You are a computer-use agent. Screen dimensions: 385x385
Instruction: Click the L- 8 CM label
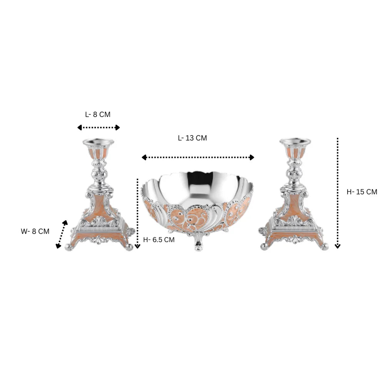pos(98,114)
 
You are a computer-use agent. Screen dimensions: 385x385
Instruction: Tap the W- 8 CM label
pos(35,231)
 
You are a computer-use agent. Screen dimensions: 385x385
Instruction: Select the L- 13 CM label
pos(192,138)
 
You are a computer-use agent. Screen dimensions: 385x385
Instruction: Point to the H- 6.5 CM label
pos(159,239)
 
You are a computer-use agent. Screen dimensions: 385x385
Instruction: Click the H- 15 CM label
pos(362,192)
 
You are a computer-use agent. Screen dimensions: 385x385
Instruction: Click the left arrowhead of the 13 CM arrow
pos(144,157)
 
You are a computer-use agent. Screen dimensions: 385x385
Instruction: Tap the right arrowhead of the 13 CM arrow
pos(252,157)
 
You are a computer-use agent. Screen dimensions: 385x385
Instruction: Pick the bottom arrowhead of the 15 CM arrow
pos(338,246)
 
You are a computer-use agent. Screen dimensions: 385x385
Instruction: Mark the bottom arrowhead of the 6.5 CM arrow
pos(137,246)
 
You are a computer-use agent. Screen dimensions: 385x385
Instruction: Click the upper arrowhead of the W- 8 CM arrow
pos(65,223)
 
